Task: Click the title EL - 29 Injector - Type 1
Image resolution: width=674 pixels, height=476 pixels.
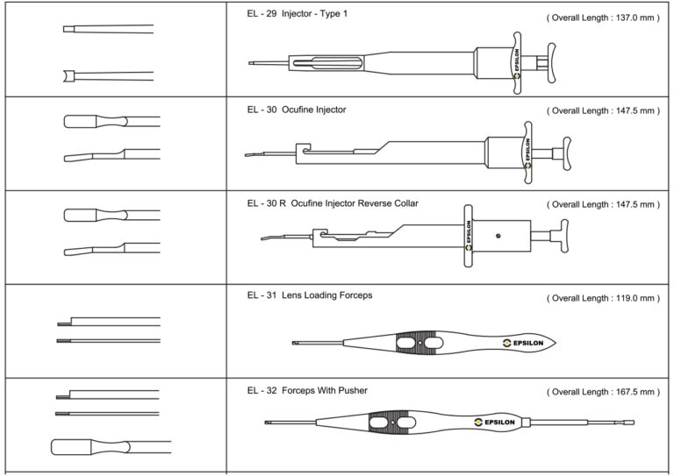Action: coord(298,15)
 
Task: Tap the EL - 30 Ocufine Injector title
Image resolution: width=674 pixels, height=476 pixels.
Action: coord(297,110)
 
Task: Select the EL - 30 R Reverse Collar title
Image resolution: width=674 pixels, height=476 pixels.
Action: coord(333,203)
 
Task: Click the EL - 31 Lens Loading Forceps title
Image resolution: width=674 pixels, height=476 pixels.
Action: coord(310,295)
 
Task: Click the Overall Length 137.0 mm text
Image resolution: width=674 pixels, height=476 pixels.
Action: coord(602,18)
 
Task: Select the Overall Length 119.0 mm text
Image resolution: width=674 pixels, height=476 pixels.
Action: coord(602,298)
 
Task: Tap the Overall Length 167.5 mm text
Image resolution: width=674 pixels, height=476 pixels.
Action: coord(602,392)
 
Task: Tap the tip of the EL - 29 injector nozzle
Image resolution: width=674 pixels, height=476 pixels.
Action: coord(251,63)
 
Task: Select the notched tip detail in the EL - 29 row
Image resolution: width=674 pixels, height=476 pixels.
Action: coord(67,76)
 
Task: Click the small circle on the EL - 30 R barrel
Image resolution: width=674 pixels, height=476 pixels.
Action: coord(498,235)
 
